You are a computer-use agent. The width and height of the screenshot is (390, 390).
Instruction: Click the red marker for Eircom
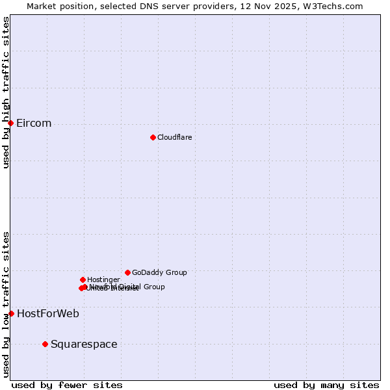10,123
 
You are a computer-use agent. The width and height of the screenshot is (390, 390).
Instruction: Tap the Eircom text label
34,123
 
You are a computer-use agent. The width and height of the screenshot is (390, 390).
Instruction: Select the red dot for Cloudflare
153,137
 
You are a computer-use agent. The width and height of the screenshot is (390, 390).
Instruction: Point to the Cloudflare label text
174,138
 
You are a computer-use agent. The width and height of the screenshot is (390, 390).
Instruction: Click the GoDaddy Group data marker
127,272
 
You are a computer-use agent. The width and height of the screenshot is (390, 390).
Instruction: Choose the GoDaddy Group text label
159,273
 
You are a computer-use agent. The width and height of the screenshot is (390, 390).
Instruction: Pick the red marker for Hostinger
83,279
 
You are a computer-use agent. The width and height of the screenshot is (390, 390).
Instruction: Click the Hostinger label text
103,280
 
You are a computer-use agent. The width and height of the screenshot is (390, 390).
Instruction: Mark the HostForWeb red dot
11,313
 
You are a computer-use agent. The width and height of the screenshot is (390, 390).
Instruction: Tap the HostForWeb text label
48,314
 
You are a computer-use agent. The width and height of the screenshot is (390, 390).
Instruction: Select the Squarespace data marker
45,344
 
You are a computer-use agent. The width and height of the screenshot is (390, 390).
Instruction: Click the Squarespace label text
84,344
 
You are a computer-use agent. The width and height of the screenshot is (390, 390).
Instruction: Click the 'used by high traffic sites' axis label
6,92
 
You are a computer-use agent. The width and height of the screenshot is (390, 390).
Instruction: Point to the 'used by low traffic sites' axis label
6,304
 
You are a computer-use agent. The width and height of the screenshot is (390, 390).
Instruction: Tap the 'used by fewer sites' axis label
67,385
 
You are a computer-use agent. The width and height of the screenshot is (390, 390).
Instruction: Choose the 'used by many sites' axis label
326,385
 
